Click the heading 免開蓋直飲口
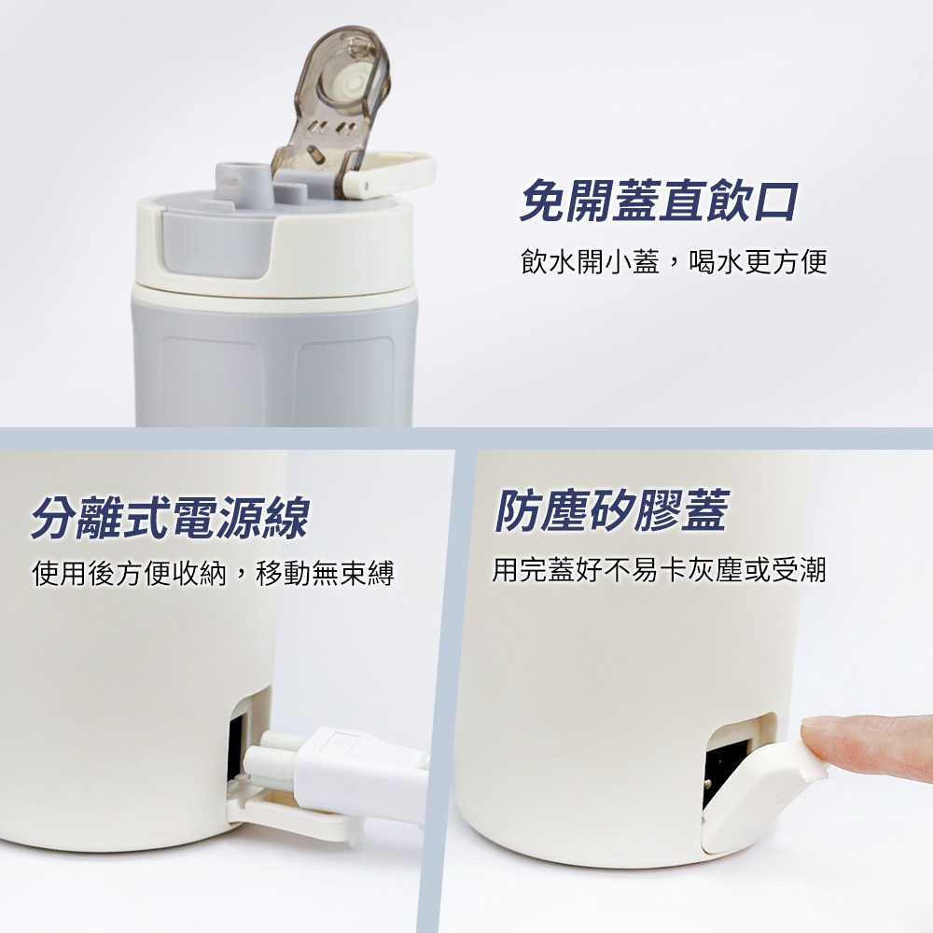coord(659,202)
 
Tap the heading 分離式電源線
coord(170,518)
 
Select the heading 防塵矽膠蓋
coord(611,510)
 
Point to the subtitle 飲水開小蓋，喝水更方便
coord(674,262)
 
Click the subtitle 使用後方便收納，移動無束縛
coord(214,573)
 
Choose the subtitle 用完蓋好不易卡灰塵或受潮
coord(660,569)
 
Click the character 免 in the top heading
coord(543,202)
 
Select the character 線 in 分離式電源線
coord(285,518)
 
